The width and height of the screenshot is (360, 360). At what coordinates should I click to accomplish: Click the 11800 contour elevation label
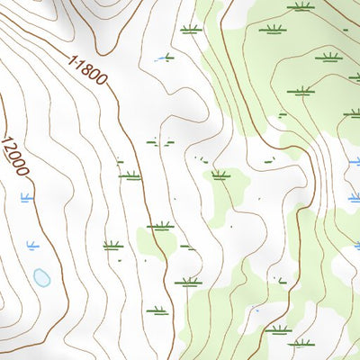pyautogui.click(x=87, y=68)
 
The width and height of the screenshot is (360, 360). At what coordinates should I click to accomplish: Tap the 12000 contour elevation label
pyautogui.click(x=15, y=155)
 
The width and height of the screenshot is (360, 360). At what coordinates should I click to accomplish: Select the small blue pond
pyautogui.click(x=41, y=277)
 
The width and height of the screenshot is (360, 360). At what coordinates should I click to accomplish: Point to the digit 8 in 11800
pyautogui.click(x=87, y=68)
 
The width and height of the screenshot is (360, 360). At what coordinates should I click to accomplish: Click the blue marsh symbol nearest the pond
pyautogui.click(x=34, y=244)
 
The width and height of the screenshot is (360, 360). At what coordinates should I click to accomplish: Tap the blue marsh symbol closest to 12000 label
pyautogui.click(x=26, y=196)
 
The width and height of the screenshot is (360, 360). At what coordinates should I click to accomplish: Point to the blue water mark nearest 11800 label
pyautogui.click(x=164, y=58)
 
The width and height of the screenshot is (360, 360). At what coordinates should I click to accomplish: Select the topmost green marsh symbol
pyautogui.click(x=300, y=6)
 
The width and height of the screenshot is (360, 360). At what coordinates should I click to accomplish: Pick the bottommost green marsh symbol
pyautogui.click(x=300, y=342)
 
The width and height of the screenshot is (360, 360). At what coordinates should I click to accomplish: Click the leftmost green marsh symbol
pyautogui.click(x=112, y=245)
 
